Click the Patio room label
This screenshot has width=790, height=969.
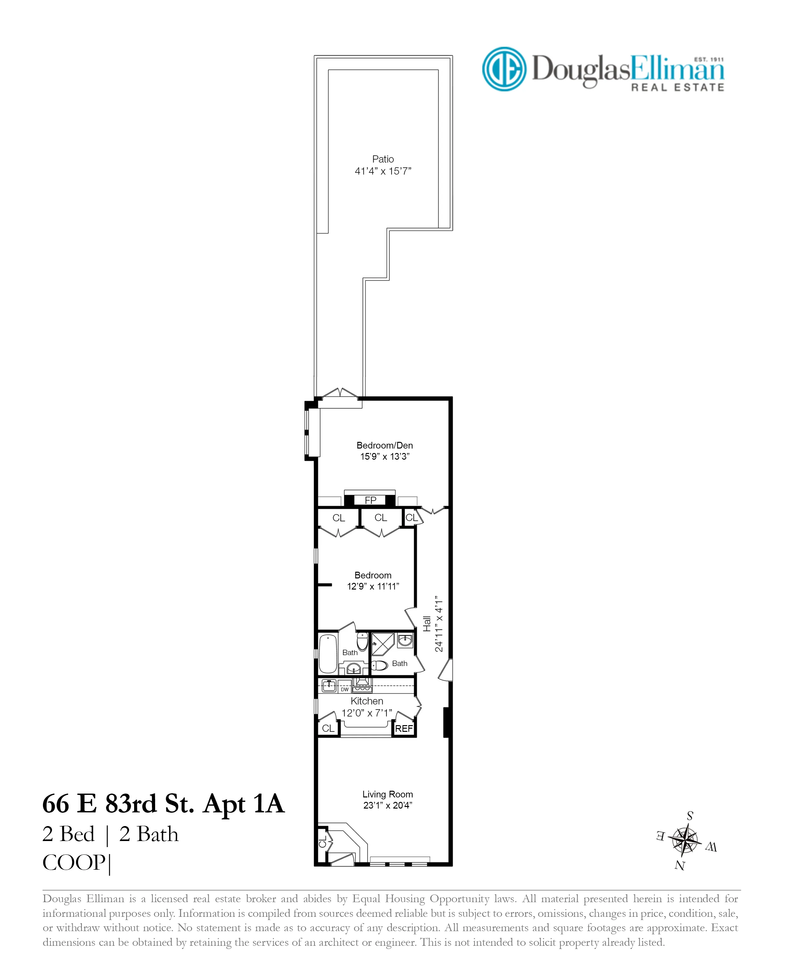click(383, 159)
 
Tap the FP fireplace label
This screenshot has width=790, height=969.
click(370, 500)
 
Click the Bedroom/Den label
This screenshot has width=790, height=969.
click(384, 445)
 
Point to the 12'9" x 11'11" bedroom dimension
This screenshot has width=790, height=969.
click(373, 587)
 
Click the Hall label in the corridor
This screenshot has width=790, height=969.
click(427, 624)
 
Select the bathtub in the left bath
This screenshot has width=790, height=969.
click(328, 654)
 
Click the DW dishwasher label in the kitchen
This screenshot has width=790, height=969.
click(344, 690)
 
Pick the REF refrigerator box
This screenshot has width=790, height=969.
click(404, 729)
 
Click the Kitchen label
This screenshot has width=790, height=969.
click(367, 701)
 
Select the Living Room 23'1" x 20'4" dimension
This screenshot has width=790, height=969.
click(387, 805)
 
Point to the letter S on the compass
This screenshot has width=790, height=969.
click(690, 816)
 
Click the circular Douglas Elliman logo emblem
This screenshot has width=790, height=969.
click(504, 69)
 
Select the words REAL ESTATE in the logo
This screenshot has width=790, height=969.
click(677, 87)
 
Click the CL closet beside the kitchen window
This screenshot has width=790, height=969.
click(328, 728)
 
